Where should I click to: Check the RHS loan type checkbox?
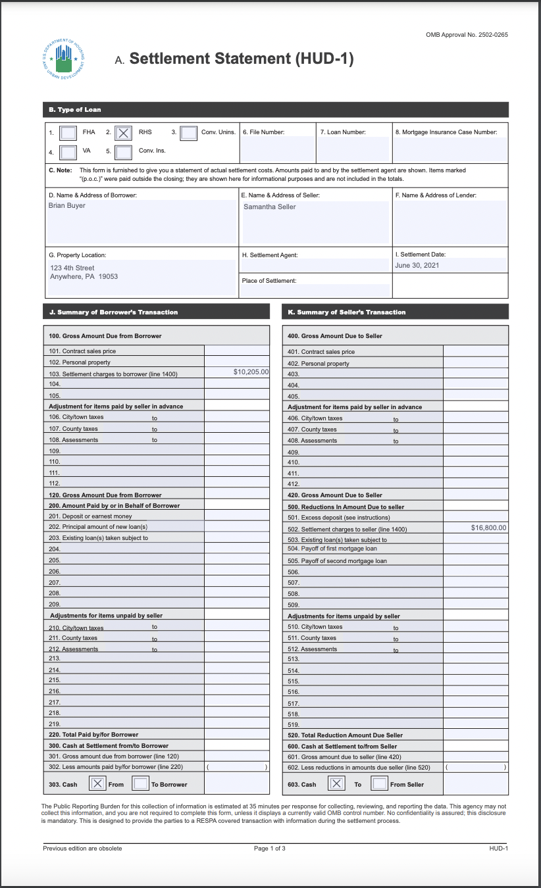pos(123,133)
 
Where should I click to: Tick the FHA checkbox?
pos(68,133)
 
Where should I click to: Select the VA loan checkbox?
pos(68,153)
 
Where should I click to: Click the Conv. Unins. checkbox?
pos(188,133)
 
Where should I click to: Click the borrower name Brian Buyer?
pos(67,205)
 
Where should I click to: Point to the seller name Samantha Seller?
pos(270,207)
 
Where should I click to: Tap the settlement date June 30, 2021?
pos(417,265)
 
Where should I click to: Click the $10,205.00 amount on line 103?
pos(251,372)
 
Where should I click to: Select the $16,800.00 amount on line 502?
pos(489,528)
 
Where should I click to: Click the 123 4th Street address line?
pos(72,268)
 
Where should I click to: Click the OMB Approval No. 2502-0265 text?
pos(467,35)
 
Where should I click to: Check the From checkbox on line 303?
pos(97,783)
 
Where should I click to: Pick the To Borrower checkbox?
pos(140,783)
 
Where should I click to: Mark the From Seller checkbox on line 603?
pos(379,783)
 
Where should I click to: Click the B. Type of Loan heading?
pos(75,109)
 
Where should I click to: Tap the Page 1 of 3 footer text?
pos(270,849)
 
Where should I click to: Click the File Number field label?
pos(263,132)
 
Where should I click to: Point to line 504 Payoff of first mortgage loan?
pos(332,549)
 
